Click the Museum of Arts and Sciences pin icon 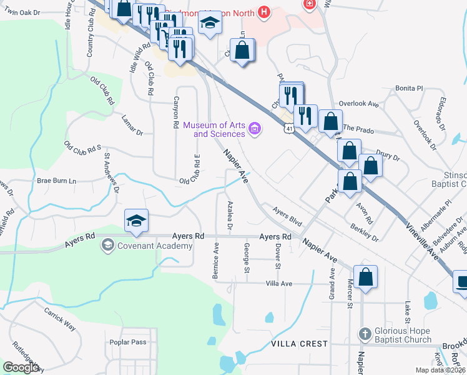tap(254, 129)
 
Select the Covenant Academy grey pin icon tap(107, 245)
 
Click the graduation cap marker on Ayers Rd tap(136, 221)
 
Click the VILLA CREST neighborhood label tap(300, 344)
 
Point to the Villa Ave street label tap(279, 283)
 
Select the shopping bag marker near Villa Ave tap(365, 277)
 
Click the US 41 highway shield tap(288, 128)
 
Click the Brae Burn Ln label tap(56, 181)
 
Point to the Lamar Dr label tap(132, 133)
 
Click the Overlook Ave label tap(359, 104)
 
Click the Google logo tap(21, 367)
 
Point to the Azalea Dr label tap(230, 216)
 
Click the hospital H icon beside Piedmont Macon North tap(265, 12)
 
